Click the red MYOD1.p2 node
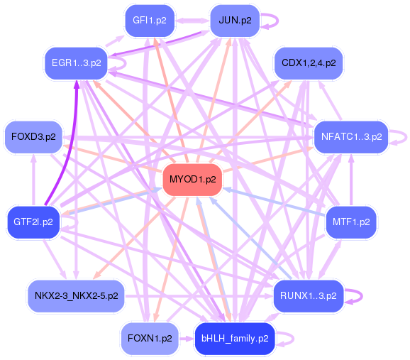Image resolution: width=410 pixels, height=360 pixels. pos(192,180)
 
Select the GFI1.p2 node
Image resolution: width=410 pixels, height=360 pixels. pos(150,21)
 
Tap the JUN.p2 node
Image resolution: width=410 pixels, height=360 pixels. pos(235,21)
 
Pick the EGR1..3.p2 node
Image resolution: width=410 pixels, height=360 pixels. pos(76,63)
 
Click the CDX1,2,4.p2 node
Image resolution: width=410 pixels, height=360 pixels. pos(309,63)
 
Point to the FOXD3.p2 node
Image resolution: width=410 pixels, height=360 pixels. pos(33,137)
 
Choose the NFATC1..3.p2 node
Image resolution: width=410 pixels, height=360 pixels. pos(351,137)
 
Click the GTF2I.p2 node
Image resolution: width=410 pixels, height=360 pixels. pos(33,222)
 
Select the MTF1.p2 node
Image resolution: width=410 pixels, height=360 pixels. pos(351,222)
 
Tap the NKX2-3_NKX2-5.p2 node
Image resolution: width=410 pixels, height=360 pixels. pos(76,296)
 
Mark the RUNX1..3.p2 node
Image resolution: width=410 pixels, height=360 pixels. pos(309,296)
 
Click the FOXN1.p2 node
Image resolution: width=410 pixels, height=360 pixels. pos(150,339)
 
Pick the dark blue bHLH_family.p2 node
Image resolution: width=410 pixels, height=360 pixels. pos(235,339)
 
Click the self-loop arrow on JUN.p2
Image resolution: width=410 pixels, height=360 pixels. pos(278,21)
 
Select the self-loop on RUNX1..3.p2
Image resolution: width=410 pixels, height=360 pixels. pos(362,296)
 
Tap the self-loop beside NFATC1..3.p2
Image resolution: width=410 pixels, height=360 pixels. pos(407,137)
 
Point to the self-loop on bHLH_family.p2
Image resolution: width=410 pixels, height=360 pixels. pos(294,339)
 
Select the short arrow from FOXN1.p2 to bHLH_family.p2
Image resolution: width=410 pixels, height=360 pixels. pos(187,339)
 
